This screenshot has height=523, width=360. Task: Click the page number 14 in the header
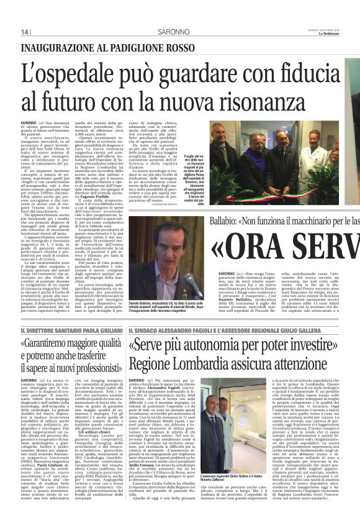pyautogui.click(x=25, y=32)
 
